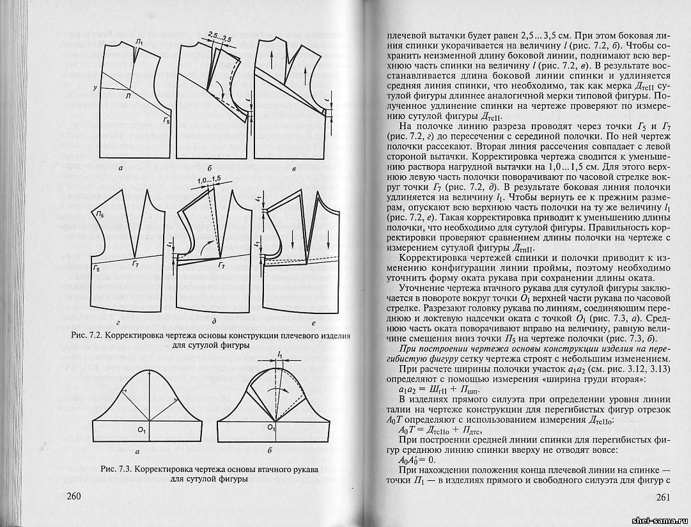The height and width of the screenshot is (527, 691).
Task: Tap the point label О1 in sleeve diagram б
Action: click(270, 427)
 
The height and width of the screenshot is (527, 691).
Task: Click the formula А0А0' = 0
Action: click(416, 459)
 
